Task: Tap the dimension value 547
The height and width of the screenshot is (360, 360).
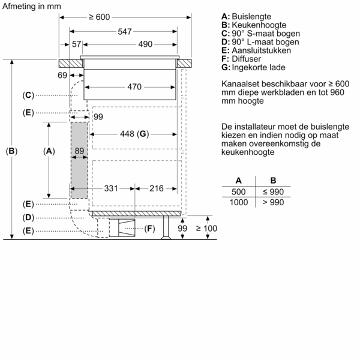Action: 125,31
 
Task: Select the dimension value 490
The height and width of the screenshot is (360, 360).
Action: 145,44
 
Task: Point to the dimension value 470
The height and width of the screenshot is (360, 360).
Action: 134,87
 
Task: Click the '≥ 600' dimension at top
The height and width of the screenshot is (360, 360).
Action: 99,17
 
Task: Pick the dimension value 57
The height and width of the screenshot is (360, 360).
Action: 76,44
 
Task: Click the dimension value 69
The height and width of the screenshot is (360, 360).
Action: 63,75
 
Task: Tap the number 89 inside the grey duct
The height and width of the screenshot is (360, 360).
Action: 79,152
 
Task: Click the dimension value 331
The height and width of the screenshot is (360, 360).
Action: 111,188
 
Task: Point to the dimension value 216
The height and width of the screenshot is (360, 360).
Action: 156,188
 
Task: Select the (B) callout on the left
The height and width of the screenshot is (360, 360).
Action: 11,152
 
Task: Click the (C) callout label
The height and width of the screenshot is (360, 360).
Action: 28,95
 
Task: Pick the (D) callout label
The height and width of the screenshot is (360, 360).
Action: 28,217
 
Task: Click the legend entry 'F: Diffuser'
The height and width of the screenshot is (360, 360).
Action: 241,58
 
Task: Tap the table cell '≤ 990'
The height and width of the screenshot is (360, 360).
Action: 273,191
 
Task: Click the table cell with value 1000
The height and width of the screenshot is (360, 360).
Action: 239,202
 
